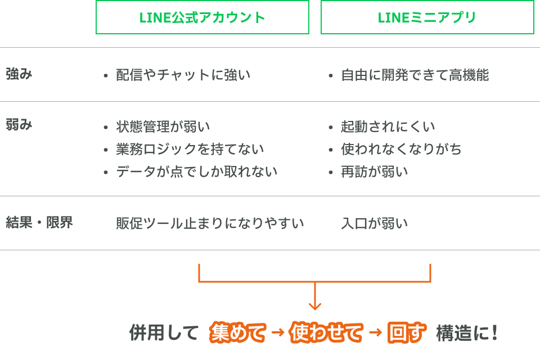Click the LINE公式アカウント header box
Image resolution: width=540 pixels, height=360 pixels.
pos(202,17)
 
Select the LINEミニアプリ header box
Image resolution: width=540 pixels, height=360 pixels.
pos(427,17)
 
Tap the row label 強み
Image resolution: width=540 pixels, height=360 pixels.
pos(19,74)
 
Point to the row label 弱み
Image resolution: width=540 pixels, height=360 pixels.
pos(19,124)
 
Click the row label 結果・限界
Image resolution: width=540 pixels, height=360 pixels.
pos(39,222)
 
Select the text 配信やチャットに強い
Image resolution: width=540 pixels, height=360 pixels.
pos(183,75)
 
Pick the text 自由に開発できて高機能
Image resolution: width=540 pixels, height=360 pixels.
pos(415,75)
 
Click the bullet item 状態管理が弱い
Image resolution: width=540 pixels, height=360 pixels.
pos(163,127)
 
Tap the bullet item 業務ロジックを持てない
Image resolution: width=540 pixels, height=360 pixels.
pos(190,149)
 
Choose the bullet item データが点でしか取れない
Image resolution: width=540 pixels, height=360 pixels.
pos(196,172)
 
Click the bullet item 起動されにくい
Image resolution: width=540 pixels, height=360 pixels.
pos(388,127)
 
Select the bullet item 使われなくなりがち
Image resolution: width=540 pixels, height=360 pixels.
pos(401,149)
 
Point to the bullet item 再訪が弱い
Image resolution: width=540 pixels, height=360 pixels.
pos(375,172)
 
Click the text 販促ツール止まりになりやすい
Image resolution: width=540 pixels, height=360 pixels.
pos(210,223)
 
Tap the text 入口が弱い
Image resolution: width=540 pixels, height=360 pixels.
pos(375,223)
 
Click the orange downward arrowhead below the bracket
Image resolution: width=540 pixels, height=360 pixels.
pos(315,305)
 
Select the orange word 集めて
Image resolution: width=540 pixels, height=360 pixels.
pos(237,333)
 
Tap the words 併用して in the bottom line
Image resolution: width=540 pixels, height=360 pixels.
pos(164,333)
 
